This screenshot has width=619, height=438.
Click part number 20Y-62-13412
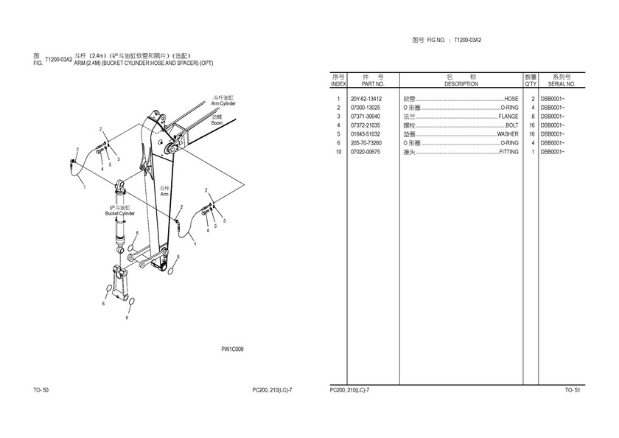pos(366,99)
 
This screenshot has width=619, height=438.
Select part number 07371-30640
pos(366,117)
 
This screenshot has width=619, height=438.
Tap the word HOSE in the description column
pos(511,99)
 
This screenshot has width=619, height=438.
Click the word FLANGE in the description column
pos(508,117)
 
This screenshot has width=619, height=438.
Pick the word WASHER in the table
pos(508,134)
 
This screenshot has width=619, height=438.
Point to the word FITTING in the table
pos(508,152)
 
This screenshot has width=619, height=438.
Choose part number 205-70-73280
pos(366,143)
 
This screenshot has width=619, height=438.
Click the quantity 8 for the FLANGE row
pos(532,117)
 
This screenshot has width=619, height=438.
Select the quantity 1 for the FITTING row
pos(532,152)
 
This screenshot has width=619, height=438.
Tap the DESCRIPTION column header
pos(461,84)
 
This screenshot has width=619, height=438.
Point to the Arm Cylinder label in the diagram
pos(223,104)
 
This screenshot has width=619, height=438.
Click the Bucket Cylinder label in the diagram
pos(120,213)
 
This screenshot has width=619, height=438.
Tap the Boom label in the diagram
pos(217,122)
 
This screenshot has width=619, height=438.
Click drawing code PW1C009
pos(232,350)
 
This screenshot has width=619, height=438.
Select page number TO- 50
pos(41,389)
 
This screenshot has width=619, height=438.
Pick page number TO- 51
pos(573,389)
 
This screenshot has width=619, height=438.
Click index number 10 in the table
pos(338,152)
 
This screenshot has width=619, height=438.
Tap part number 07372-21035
pos(366,125)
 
